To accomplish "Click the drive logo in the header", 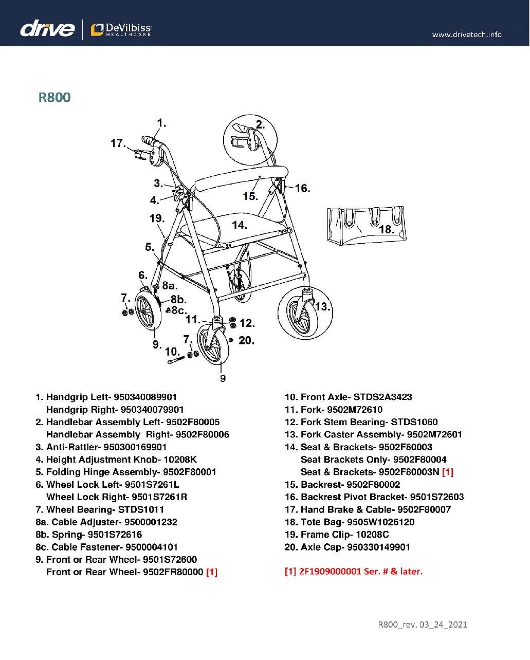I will [x=47, y=28].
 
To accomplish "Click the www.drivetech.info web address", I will [x=466, y=34].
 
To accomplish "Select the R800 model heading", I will [x=54, y=97].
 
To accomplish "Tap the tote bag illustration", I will [x=366, y=225].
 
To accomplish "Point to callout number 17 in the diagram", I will [x=118, y=143].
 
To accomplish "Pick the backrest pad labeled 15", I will [x=239, y=177].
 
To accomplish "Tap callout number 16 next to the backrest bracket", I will [x=302, y=188].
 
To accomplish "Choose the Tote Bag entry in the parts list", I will [x=350, y=522].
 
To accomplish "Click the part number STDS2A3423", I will [x=382, y=397].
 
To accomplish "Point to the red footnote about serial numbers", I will [x=353, y=572].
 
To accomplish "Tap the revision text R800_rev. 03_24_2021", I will [x=423, y=625].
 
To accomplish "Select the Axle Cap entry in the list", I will [x=348, y=547].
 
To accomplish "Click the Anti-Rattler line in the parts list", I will [x=101, y=447].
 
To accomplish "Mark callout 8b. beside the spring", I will [x=178, y=299].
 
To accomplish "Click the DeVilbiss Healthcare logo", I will [x=121, y=30].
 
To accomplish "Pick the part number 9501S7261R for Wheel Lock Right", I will [x=159, y=497].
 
